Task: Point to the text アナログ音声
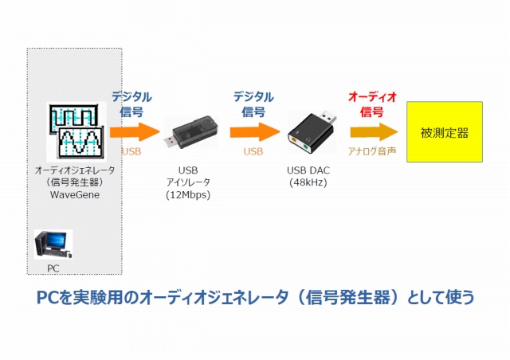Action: tap(372, 151)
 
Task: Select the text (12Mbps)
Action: tap(188, 194)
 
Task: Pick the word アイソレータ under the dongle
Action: tap(188, 182)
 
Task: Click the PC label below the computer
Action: tap(53, 268)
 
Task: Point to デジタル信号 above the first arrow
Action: tap(131, 104)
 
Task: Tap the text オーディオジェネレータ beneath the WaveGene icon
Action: tap(75, 170)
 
